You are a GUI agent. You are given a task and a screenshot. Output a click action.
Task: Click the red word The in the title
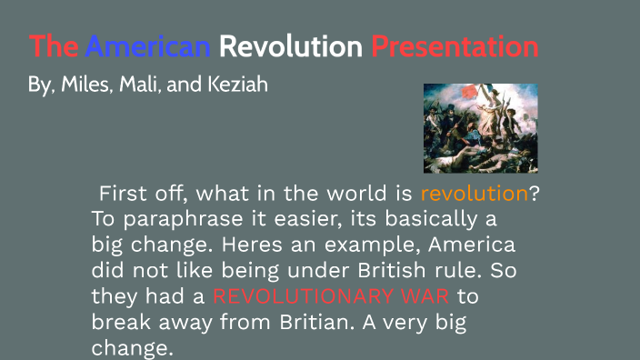pyautogui.click(x=54, y=46)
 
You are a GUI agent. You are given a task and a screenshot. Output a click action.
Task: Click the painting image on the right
pyautogui.click(x=480, y=127)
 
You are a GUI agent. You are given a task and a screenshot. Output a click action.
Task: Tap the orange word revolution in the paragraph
pyautogui.click(x=474, y=194)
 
